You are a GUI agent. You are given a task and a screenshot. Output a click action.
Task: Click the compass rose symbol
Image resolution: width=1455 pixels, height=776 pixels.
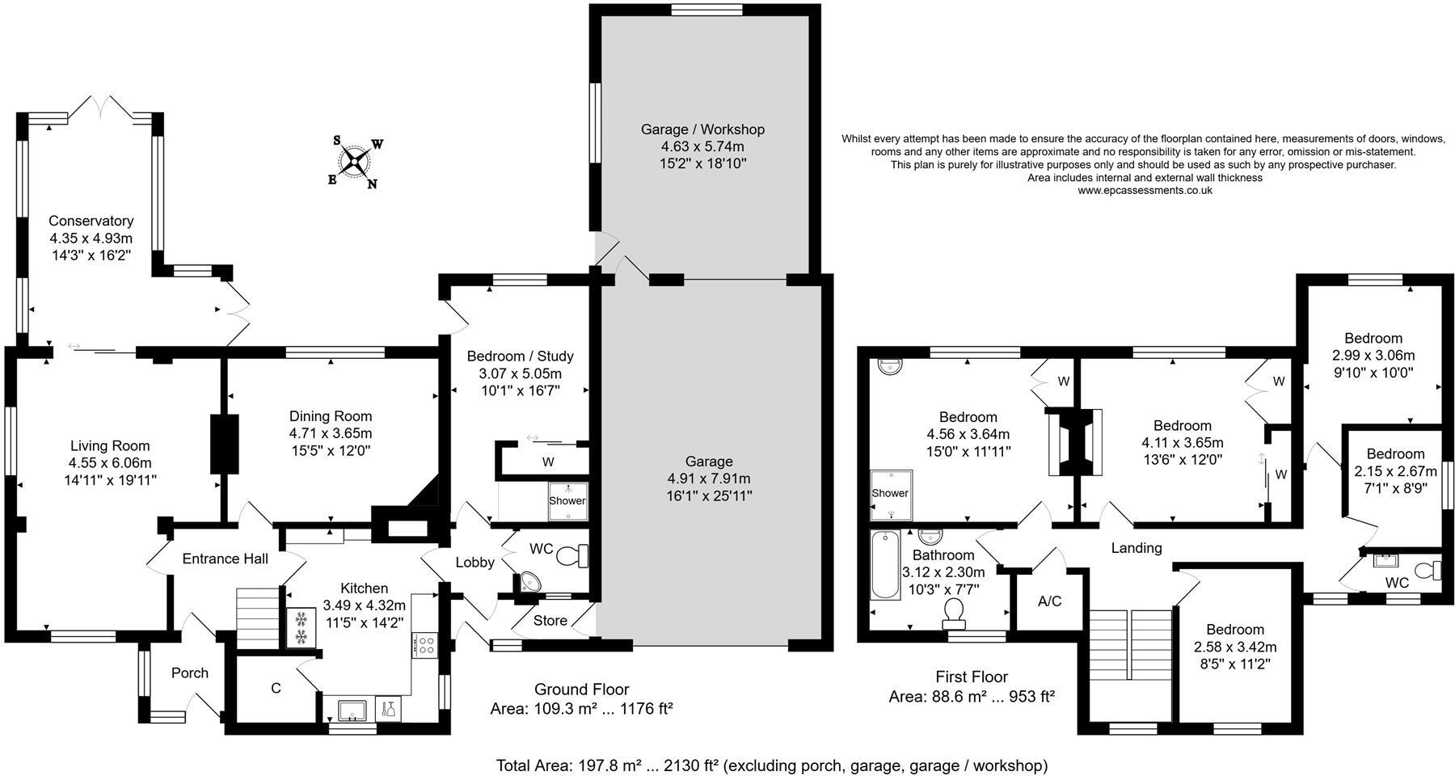[x=355, y=161]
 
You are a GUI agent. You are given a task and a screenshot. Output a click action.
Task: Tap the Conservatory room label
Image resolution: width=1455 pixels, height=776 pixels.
[x=91, y=221]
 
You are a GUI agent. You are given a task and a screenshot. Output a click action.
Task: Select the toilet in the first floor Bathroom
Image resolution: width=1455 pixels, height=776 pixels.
[x=955, y=612]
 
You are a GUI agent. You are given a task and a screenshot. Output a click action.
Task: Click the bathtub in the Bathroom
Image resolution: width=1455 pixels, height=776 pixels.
[x=885, y=565]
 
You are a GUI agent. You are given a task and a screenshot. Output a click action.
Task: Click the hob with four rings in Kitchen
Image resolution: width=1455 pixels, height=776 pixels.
[x=425, y=644]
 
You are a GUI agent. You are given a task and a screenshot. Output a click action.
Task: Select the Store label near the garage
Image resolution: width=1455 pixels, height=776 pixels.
[x=550, y=621]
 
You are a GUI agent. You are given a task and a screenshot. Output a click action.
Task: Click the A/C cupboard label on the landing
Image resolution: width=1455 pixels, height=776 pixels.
[x=1049, y=601]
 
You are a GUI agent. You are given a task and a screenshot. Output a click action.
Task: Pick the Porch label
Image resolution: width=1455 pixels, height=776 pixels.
[x=190, y=673]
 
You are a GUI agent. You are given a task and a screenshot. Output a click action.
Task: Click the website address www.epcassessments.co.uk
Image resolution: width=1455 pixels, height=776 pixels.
[x=1145, y=191]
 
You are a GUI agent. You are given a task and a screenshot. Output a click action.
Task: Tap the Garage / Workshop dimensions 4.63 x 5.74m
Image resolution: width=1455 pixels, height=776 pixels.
[x=702, y=146]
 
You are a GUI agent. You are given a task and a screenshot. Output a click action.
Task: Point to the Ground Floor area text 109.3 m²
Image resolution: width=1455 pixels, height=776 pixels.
[x=581, y=709]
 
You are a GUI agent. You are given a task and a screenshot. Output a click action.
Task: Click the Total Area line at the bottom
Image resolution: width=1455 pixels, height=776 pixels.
[x=771, y=765]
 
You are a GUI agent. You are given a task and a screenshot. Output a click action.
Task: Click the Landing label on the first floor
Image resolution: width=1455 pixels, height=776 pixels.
[x=1136, y=548]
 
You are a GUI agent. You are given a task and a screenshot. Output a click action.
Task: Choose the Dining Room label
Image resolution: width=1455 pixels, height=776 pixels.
[x=331, y=416]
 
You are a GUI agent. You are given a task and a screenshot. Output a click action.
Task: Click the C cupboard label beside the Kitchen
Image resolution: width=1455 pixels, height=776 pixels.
[x=276, y=688]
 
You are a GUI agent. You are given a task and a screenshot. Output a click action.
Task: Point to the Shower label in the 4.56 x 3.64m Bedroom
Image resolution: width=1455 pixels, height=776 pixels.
[x=889, y=493]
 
